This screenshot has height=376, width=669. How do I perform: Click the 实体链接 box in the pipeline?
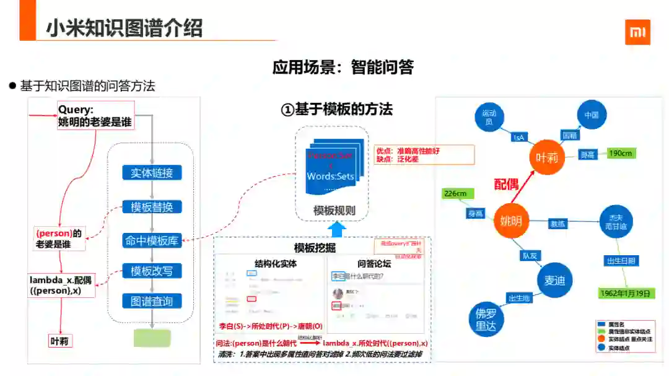point(152,173)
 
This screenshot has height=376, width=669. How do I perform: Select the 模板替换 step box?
point(152,207)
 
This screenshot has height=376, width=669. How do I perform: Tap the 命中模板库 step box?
point(152,240)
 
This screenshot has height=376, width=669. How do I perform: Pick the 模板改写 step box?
point(152,271)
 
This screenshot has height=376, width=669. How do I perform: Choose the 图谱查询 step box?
point(152,302)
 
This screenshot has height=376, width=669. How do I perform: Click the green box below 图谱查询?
point(152,338)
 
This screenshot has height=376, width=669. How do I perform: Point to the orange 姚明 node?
point(511,221)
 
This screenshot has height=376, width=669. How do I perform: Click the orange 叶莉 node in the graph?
point(546,157)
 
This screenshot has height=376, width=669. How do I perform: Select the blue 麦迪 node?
point(554,281)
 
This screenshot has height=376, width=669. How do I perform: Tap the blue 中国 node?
point(592,115)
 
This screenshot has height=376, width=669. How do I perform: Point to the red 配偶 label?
point(506,185)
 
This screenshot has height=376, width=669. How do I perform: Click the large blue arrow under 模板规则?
point(336,230)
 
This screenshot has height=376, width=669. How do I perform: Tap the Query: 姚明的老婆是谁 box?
point(95,115)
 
